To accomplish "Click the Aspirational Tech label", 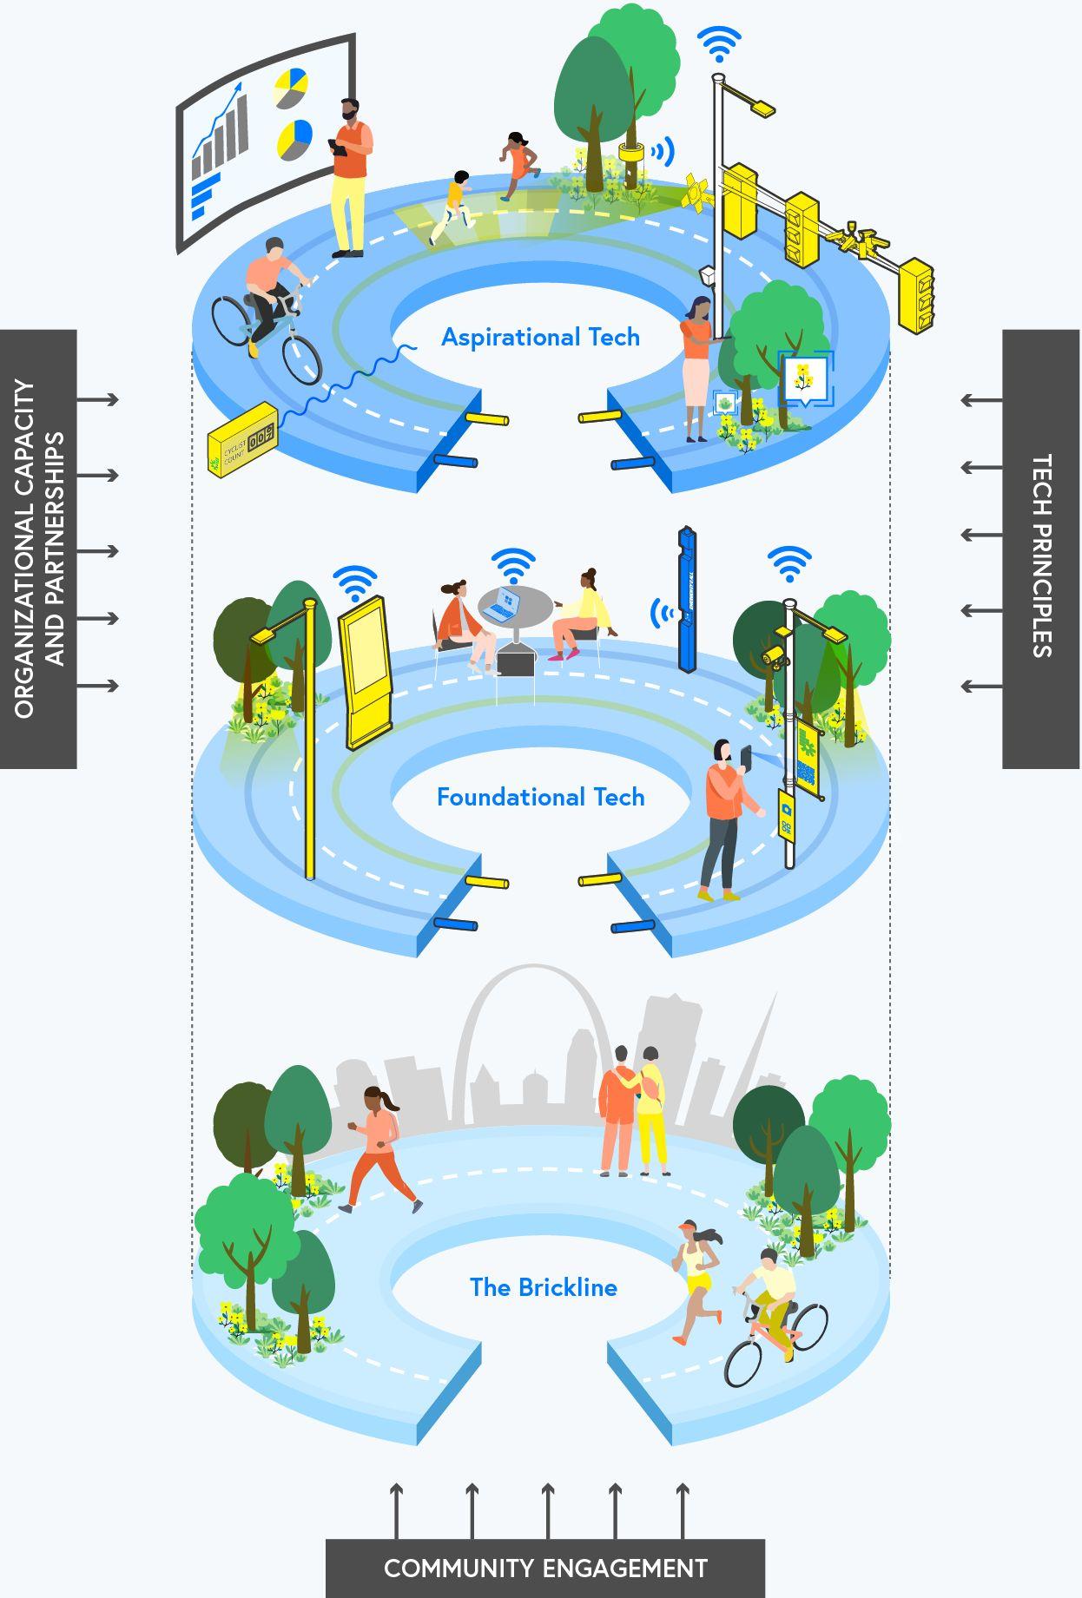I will (540, 337).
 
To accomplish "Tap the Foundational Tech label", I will (540, 797).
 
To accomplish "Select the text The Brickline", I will (543, 1287).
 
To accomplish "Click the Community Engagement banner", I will (545, 1568).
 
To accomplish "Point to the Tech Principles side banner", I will (1041, 549).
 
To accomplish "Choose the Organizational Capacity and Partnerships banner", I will (38, 549).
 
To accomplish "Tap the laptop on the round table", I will (502, 605).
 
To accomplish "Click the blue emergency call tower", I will (688, 599).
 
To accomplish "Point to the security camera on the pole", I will (772, 655).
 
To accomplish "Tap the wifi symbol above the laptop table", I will (512, 565).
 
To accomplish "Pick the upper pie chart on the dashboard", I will (291, 89).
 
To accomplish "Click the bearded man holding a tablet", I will (350, 178).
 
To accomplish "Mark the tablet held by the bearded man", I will (339, 148).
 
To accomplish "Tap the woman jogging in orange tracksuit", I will (379, 1150).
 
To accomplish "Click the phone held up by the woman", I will (746, 755).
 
